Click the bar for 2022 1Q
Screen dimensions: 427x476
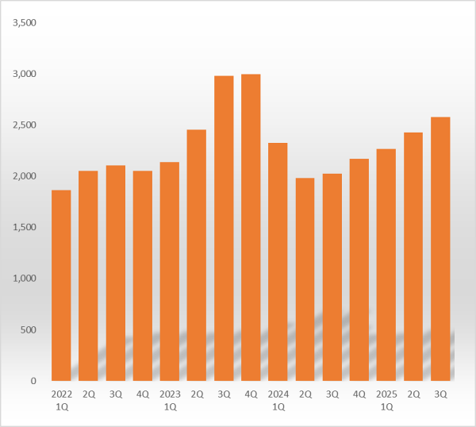click(61, 286)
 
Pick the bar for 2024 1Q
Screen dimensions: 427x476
click(278, 262)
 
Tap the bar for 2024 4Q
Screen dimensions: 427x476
click(359, 270)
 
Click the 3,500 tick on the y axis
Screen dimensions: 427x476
click(25, 22)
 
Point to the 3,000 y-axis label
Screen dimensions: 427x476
click(25, 74)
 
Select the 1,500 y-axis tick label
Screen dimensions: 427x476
click(25, 227)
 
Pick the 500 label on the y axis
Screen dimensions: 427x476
click(29, 329)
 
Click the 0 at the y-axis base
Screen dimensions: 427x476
click(33, 381)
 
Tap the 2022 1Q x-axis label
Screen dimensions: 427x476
click(61, 399)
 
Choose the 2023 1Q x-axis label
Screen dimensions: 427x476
click(170, 399)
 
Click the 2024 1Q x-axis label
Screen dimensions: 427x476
click(278, 399)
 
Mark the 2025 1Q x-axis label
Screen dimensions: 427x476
click(386, 399)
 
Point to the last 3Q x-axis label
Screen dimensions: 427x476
click(440, 394)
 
